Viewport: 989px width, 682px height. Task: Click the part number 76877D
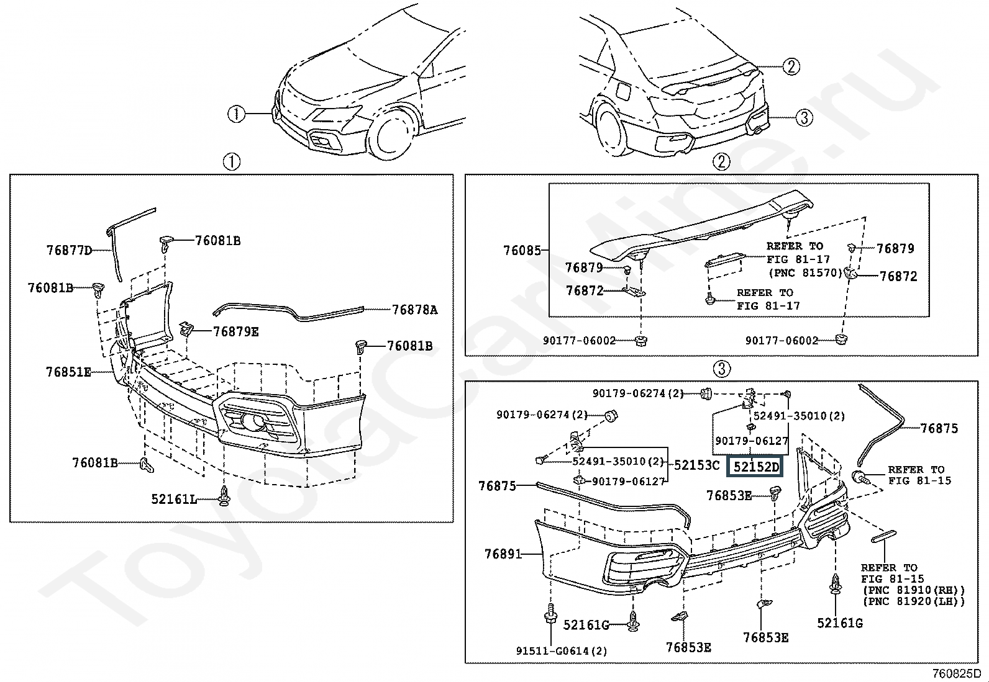(x=69, y=250)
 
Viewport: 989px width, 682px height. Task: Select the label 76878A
(x=414, y=310)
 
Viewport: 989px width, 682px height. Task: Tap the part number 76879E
(x=235, y=332)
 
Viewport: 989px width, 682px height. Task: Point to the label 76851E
(x=68, y=372)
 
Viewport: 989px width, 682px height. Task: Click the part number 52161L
(x=173, y=498)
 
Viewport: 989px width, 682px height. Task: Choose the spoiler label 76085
(x=522, y=251)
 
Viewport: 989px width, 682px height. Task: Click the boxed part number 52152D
(x=755, y=467)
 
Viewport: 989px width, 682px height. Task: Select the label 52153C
(x=696, y=465)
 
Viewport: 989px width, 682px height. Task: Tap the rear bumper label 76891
(x=503, y=554)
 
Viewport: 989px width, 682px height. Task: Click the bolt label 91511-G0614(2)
(x=562, y=651)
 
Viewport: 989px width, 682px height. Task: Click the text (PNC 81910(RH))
(x=913, y=590)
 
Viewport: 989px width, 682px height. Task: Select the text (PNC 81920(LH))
(x=913, y=601)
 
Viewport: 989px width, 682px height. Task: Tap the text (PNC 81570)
(x=804, y=272)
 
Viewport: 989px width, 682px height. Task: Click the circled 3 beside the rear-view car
(x=804, y=117)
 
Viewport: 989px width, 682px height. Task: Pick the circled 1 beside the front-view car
(x=236, y=114)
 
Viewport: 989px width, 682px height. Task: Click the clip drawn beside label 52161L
(x=224, y=496)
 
